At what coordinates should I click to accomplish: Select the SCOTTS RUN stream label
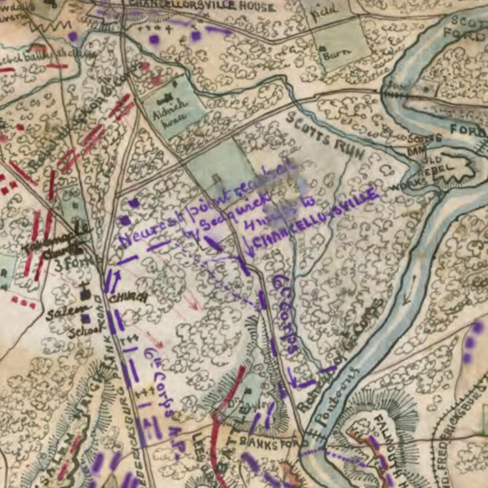(x=325, y=136)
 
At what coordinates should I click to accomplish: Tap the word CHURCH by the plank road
(x=129, y=298)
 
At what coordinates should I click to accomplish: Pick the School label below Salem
(x=82, y=331)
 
